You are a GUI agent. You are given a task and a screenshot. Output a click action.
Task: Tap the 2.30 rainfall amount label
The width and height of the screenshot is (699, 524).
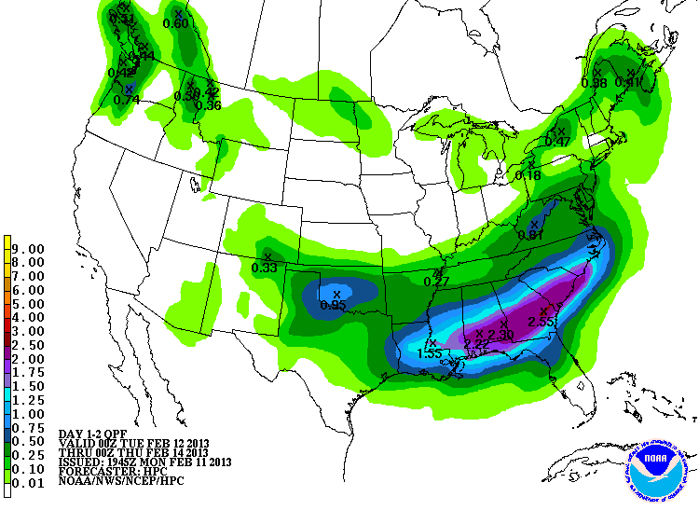pyautogui.click(x=500, y=335)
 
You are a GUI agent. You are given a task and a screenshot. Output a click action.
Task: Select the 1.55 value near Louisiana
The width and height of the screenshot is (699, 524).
pyautogui.click(x=430, y=353)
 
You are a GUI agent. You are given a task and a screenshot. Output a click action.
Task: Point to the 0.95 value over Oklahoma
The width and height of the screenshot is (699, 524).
pyautogui.click(x=333, y=305)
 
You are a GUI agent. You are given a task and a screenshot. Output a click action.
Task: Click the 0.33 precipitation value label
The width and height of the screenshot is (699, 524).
pyautogui.click(x=265, y=268)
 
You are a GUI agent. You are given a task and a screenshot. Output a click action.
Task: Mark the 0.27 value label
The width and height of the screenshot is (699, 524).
pyautogui.click(x=436, y=281)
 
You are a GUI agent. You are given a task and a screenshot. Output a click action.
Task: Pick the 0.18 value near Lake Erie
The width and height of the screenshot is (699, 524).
pyautogui.click(x=528, y=175)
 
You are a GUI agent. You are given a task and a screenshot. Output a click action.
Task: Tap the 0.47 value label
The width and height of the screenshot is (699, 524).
pyautogui.click(x=557, y=141)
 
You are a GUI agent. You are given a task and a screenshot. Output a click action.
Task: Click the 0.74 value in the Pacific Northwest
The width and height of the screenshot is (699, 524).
pyautogui.click(x=126, y=99)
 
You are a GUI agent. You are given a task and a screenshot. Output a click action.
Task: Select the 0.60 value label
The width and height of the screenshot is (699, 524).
pyautogui.click(x=175, y=23)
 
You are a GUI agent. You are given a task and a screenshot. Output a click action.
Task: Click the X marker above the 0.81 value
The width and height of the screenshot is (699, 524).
pyautogui.click(x=534, y=224)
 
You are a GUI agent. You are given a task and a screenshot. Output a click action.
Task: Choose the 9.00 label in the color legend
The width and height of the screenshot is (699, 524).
pyautogui.click(x=31, y=249)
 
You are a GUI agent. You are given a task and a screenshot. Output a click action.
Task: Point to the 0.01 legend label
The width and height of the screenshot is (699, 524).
pyautogui.click(x=31, y=481)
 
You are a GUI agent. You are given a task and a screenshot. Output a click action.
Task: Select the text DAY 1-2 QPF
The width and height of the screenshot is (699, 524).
pyautogui.click(x=94, y=434)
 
